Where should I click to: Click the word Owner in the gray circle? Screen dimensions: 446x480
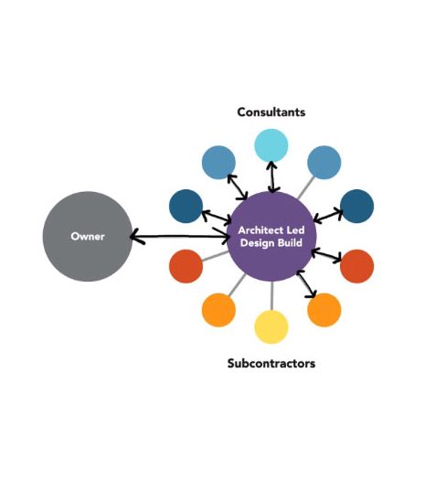click(x=88, y=236)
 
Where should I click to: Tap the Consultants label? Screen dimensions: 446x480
click(x=271, y=112)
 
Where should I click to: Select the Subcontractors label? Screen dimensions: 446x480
click(x=271, y=363)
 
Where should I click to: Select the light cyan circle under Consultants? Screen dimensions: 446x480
click(x=271, y=145)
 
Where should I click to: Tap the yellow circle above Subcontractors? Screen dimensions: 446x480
click(x=271, y=327)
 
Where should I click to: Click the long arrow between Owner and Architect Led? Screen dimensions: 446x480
click(x=180, y=236)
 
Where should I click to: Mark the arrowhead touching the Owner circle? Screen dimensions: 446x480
click(x=136, y=236)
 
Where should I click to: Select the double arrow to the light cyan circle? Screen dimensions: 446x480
click(x=271, y=177)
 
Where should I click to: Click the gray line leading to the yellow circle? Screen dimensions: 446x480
click(x=271, y=296)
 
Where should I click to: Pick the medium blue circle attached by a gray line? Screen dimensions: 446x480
click(x=324, y=162)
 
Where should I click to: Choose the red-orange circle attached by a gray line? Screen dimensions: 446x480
click(x=186, y=266)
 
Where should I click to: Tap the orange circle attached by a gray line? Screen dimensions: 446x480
click(x=218, y=310)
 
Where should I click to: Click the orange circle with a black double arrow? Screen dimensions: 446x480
click(x=324, y=310)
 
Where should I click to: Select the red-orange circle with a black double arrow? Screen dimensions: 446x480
click(x=357, y=266)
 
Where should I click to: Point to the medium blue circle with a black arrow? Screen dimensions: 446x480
click(x=218, y=162)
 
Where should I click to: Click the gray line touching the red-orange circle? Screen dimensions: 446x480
click(x=215, y=256)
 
